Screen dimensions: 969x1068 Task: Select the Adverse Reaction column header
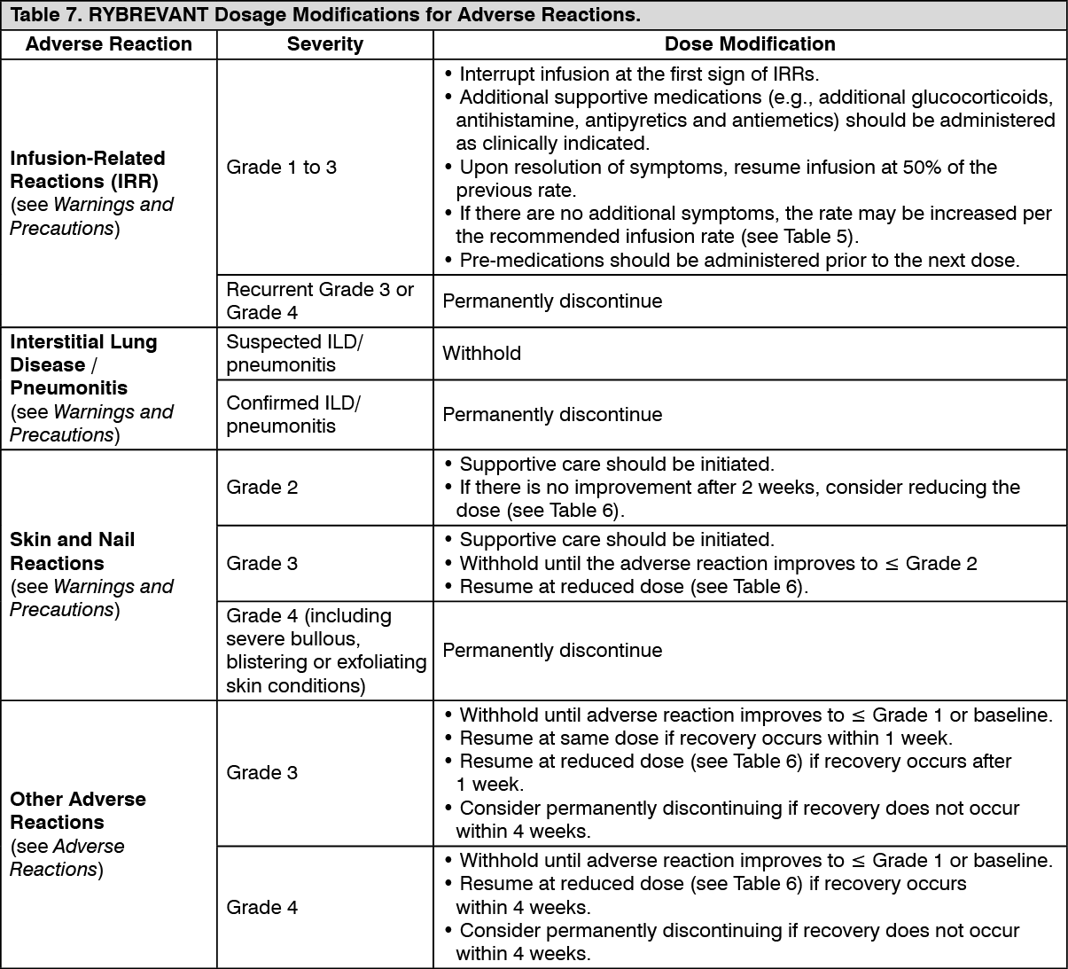click(x=108, y=44)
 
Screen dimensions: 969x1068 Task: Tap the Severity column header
click(x=324, y=44)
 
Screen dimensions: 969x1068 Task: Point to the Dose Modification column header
click(x=749, y=44)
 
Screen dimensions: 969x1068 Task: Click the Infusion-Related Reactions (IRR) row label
click(x=88, y=169)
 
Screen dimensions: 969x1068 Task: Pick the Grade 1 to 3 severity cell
click(x=282, y=168)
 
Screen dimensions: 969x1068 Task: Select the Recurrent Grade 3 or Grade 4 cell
click(x=320, y=301)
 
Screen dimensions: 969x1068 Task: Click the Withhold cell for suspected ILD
click(x=481, y=353)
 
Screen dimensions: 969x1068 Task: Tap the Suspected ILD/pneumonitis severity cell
click(x=295, y=353)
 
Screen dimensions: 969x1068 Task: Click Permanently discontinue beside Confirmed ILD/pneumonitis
click(x=552, y=414)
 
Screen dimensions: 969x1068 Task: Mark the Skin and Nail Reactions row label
click(x=73, y=551)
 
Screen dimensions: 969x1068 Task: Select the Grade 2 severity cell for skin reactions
click(x=262, y=487)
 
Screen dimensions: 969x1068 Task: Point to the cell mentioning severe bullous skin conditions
click(x=325, y=650)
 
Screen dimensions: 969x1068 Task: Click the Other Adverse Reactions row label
click(x=78, y=810)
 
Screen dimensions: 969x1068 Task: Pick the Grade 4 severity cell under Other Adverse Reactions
click(x=262, y=907)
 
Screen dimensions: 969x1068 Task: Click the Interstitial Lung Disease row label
click(x=83, y=353)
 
